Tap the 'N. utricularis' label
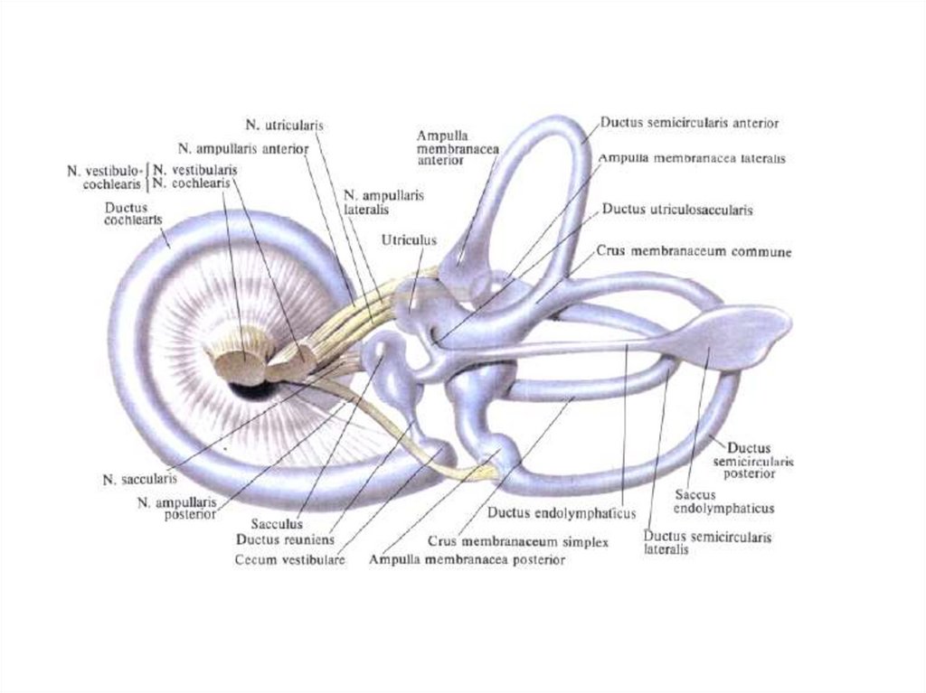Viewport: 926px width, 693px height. pyautogui.click(x=285, y=125)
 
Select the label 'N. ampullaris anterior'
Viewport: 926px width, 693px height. pyautogui.click(x=243, y=148)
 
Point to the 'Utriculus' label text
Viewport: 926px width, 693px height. pyautogui.click(x=409, y=241)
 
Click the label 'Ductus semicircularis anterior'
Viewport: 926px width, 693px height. pyautogui.click(x=689, y=121)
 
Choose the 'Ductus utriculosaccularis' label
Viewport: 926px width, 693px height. pyautogui.click(x=677, y=210)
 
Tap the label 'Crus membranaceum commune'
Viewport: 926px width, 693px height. pyautogui.click(x=694, y=252)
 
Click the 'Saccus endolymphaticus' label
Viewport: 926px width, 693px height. pyautogui.click(x=724, y=501)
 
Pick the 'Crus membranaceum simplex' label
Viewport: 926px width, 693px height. pyautogui.click(x=517, y=541)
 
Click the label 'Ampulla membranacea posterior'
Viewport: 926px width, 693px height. pyautogui.click(x=467, y=560)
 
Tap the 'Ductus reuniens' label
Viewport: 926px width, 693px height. pyautogui.click(x=285, y=540)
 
